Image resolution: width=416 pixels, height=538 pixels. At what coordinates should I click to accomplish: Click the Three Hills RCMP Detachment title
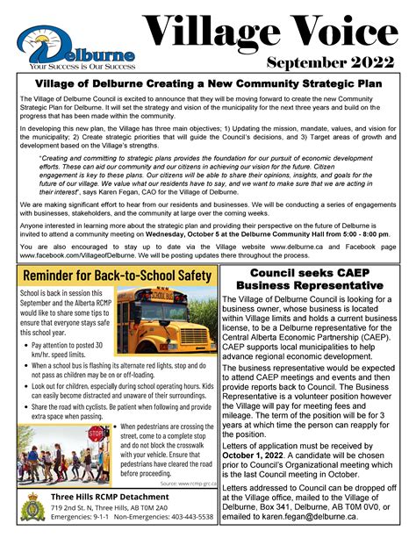click(x=103, y=497)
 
